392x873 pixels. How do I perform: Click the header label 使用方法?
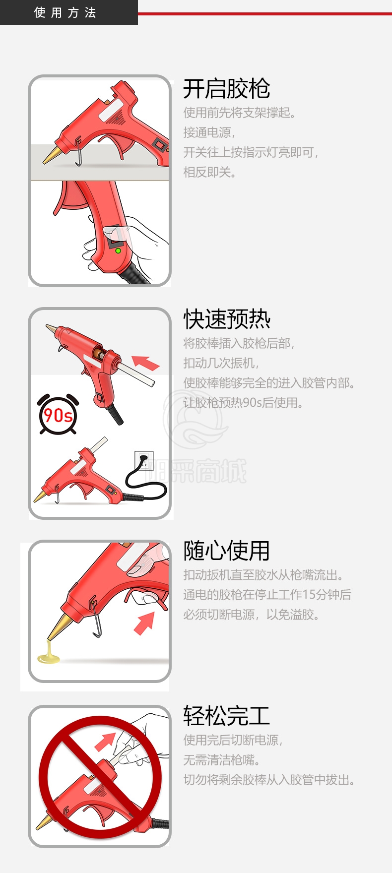(65, 12)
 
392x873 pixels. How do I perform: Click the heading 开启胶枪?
(227, 89)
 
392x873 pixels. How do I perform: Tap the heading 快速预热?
(227, 319)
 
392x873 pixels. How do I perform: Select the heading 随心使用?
(227, 551)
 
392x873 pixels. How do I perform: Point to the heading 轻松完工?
(227, 716)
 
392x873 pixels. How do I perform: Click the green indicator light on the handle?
(118, 250)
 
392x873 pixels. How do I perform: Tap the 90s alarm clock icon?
(58, 414)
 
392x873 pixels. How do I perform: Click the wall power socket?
(144, 460)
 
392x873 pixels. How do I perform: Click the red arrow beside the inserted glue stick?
(146, 363)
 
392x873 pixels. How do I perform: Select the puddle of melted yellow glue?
(49, 655)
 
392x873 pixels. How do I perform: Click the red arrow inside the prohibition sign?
(105, 741)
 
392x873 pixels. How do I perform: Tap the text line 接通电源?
(209, 132)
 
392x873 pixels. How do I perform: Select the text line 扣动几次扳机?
(221, 363)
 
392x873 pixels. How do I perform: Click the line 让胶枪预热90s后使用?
(243, 403)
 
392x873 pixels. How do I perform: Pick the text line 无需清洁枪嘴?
(222, 760)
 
